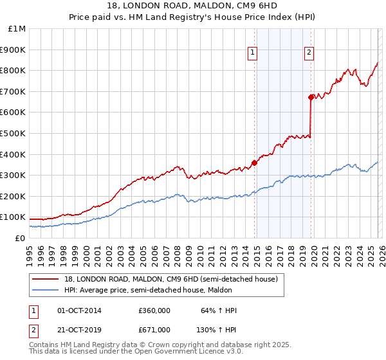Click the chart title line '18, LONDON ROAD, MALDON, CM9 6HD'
193,6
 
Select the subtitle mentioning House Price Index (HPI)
193,17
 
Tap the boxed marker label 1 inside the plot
253,53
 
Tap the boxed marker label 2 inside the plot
309,53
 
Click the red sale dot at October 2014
254,163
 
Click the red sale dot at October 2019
311,97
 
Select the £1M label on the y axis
17,29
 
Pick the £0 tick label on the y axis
21,238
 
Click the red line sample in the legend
45,279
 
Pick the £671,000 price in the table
154,329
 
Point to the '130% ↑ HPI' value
217,329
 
